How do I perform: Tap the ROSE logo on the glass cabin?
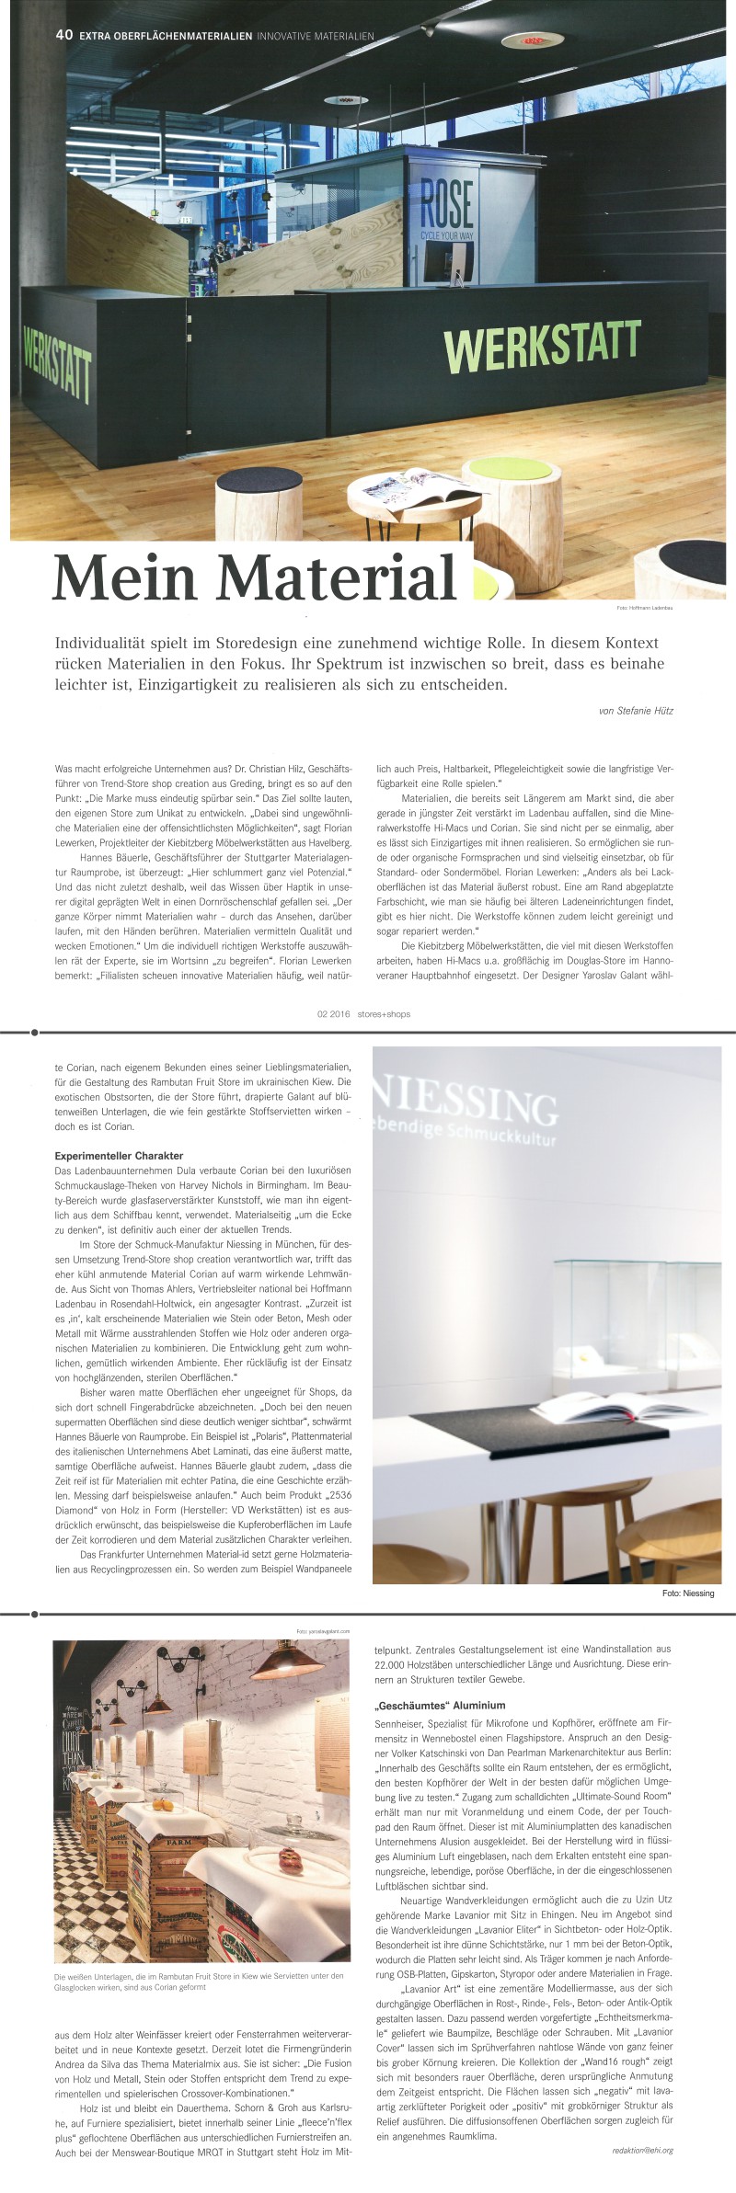point(447,204)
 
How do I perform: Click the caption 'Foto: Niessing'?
point(688,1593)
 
